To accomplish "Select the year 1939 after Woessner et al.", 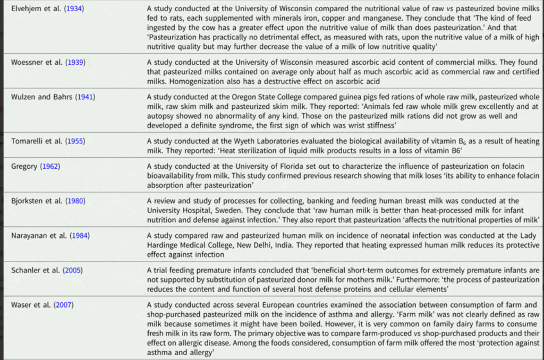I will pyautogui.click(x=74, y=62).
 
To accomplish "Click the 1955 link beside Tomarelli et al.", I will pyautogui.click(x=74, y=141).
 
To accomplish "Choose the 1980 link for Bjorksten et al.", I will pyautogui.click(x=74, y=201).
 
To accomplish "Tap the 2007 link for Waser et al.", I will pyautogui.click(x=64, y=304).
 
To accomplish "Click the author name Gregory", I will pyautogui.click(x=24, y=167).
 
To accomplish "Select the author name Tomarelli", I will pyautogui.click(x=28, y=141).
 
